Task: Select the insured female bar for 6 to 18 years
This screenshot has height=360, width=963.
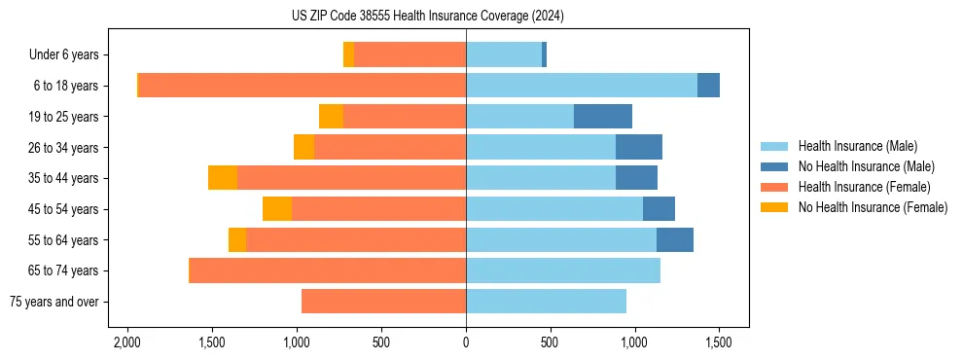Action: pos(303,86)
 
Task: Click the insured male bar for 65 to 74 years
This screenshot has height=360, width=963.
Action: pos(563,270)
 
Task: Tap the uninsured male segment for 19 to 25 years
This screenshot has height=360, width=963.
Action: pos(603,117)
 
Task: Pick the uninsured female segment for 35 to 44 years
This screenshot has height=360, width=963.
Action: pos(223,178)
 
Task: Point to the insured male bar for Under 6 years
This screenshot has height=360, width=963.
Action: pos(504,54)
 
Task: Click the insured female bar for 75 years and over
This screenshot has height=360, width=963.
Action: pos(383,302)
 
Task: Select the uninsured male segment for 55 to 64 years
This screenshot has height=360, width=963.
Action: pos(675,240)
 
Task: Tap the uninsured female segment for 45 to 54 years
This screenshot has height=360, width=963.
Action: pos(277,209)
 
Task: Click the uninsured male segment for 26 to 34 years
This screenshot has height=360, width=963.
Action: pos(639,148)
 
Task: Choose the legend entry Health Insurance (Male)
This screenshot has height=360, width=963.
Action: pos(857,146)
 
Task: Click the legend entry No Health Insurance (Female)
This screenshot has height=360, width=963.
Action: pos(873,207)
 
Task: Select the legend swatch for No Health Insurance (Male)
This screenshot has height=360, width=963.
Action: pos(774,166)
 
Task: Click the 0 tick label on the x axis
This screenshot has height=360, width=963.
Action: pos(466,343)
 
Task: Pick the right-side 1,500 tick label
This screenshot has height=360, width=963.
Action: pos(719,343)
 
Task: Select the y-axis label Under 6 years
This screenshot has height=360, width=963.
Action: pos(70,54)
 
